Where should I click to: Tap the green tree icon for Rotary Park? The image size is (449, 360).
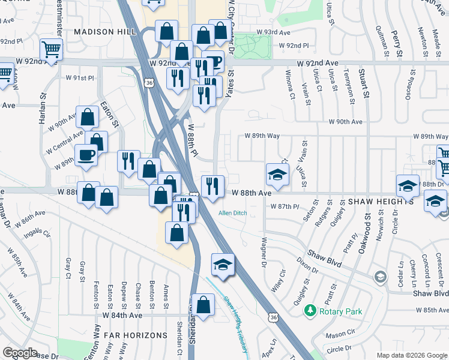[x=310, y=311]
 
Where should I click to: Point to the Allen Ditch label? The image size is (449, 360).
[x=232, y=213]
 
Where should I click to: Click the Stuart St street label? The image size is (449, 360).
[x=364, y=85]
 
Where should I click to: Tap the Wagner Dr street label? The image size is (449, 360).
[x=263, y=252]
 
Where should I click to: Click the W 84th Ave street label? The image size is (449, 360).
[x=122, y=314]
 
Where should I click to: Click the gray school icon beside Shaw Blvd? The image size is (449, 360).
[x=379, y=277]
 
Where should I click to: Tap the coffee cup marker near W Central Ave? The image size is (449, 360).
[x=85, y=155]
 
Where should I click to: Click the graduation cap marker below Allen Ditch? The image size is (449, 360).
[x=222, y=264]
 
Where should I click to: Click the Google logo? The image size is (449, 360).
[x=20, y=353]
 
